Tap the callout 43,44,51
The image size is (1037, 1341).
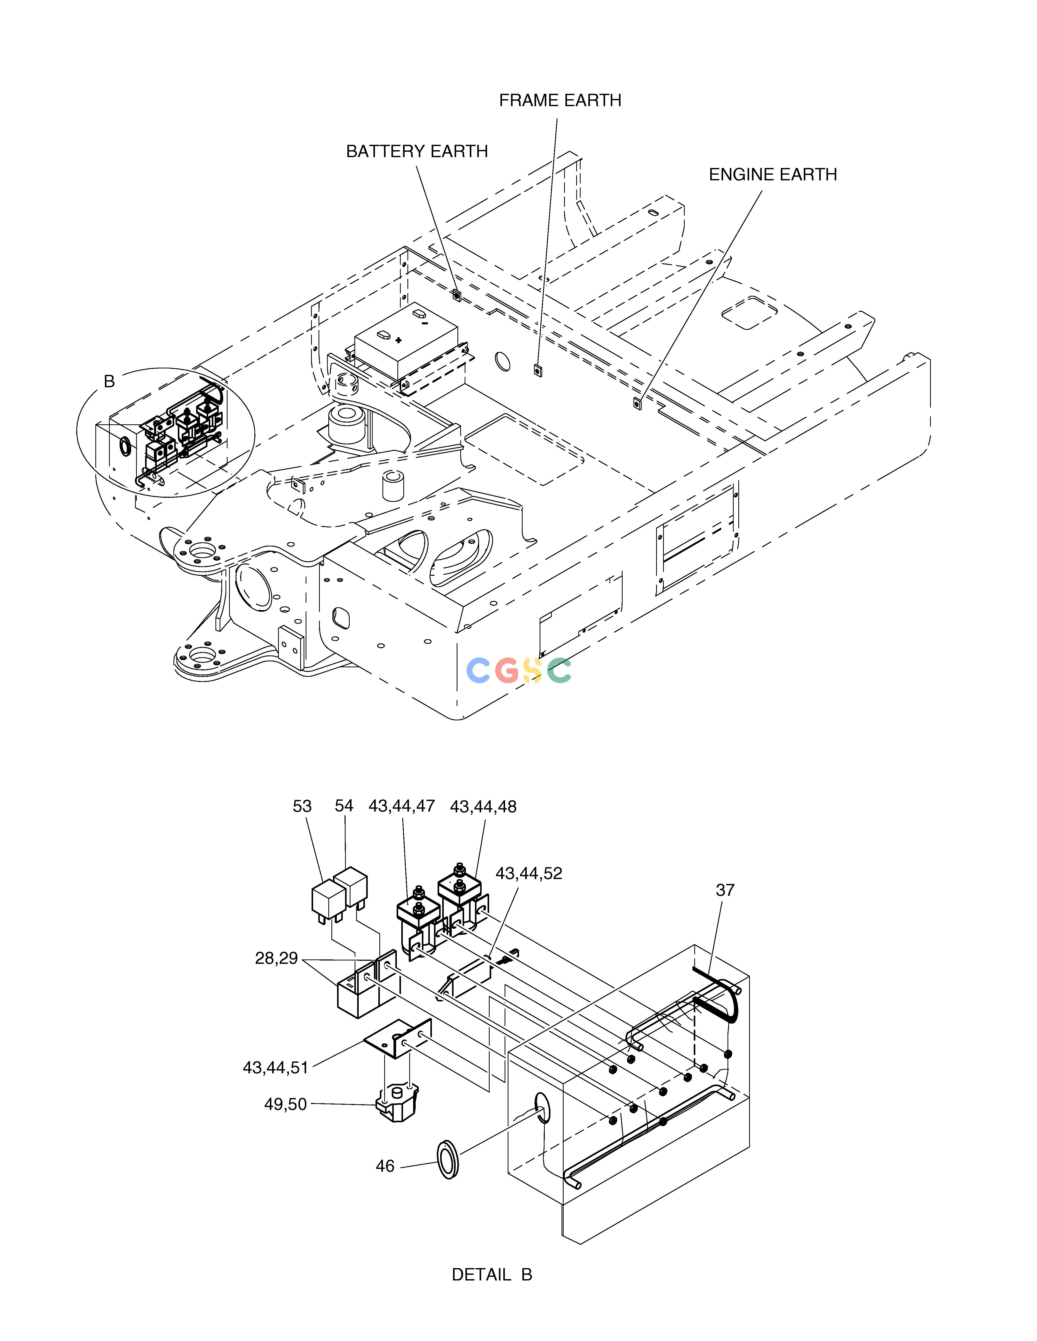coord(275,1068)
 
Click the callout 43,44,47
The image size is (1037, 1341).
coord(402,806)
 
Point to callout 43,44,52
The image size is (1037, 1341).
coord(529,873)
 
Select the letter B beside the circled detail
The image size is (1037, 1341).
coord(109,381)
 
